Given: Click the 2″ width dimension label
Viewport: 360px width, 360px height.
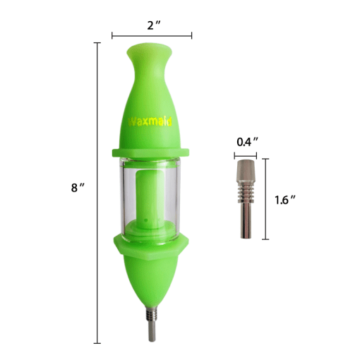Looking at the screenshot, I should click(x=151, y=25).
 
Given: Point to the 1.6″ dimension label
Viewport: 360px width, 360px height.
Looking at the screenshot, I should click(x=284, y=200).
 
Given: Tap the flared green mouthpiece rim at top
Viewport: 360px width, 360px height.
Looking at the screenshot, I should click(x=151, y=52).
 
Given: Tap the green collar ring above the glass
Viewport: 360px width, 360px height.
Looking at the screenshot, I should click(x=151, y=152).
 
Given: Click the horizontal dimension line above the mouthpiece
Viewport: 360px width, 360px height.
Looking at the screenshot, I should click(x=151, y=35).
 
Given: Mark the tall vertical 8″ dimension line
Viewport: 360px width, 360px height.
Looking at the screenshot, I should click(x=97, y=212).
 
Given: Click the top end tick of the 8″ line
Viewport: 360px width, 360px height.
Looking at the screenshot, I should click(x=97, y=44).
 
